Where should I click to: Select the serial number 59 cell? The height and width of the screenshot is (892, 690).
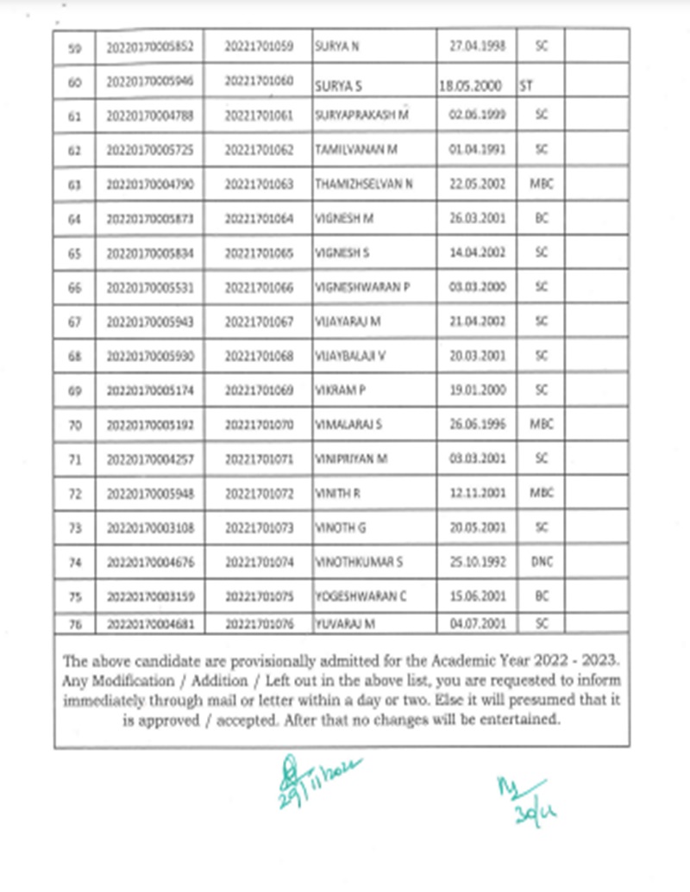point(73,47)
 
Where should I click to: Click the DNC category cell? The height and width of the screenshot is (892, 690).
point(542,563)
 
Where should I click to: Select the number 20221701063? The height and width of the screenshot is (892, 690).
point(259,184)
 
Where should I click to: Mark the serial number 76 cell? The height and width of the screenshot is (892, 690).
point(73,623)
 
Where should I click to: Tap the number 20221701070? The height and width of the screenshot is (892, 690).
point(259,424)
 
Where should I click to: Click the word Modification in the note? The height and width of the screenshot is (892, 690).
point(132,679)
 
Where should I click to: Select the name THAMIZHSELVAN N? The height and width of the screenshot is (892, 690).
point(365,184)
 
